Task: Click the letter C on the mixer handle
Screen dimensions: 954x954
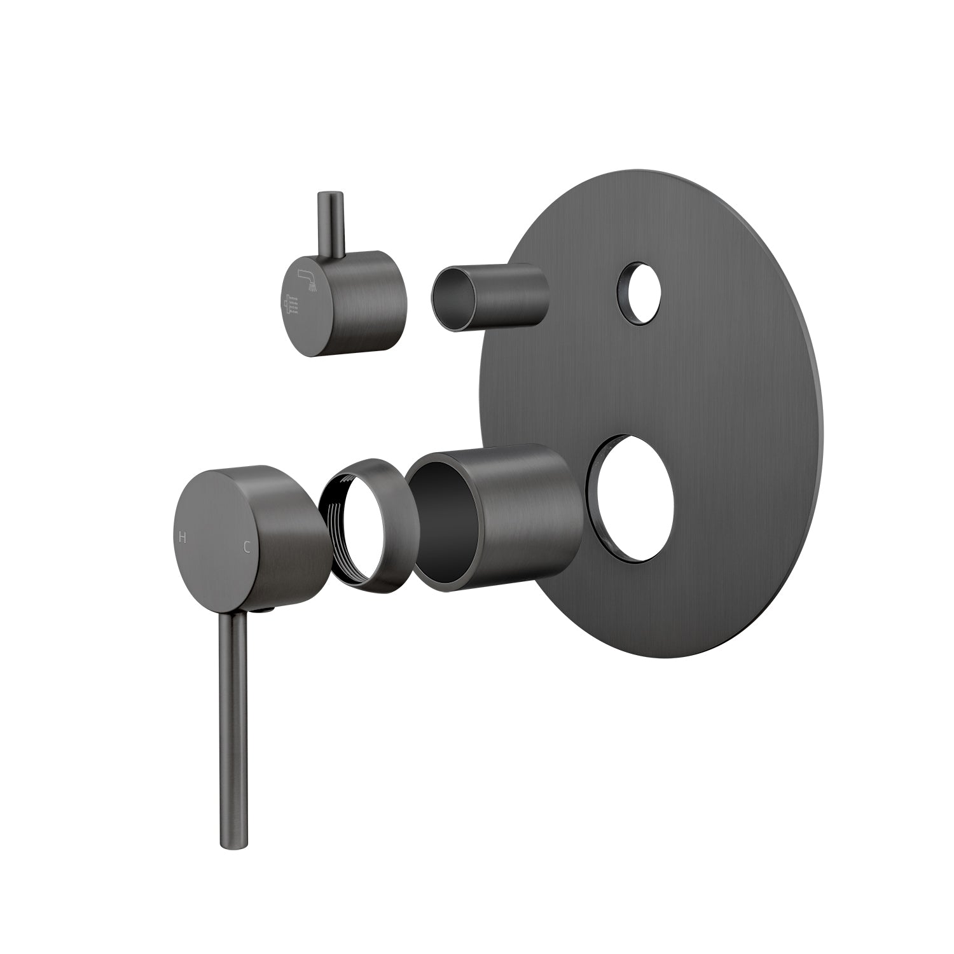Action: (x=245, y=546)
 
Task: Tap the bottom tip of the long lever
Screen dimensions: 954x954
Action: (x=229, y=843)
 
